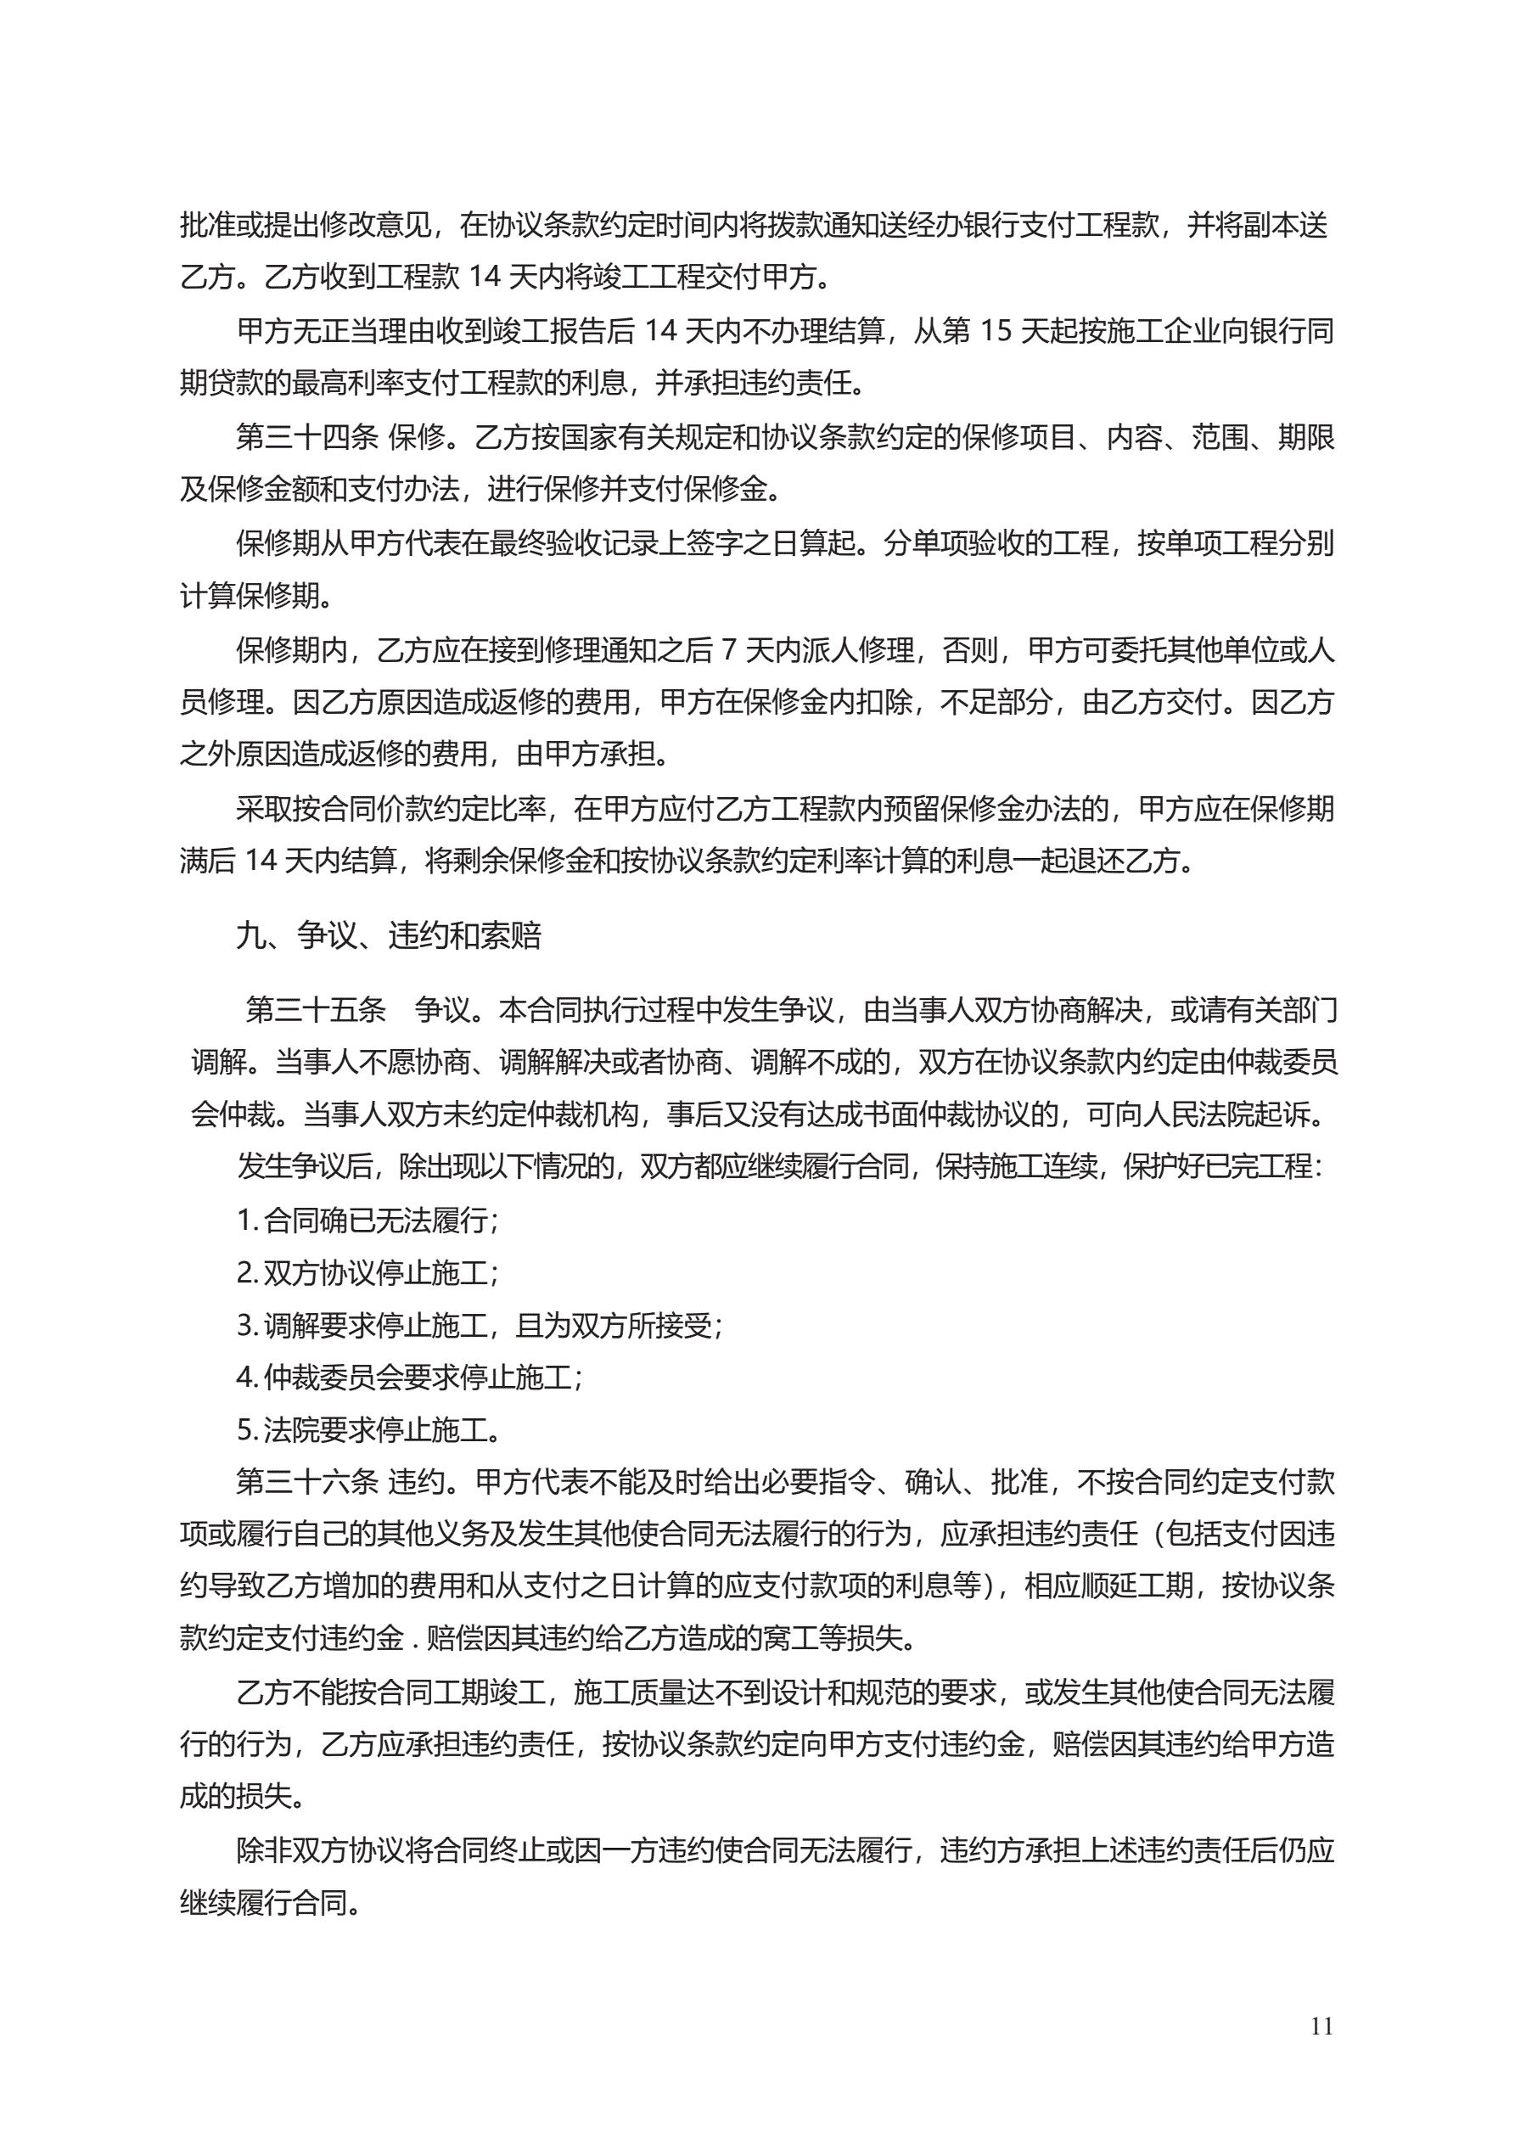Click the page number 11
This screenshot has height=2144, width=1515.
(x=1321, y=2025)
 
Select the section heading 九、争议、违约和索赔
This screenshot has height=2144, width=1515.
(x=389, y=934)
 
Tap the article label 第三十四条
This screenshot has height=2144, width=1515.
(x=307, y=436)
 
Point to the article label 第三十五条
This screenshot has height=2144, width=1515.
(x=316, y=1009)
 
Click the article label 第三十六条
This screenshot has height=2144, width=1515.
(x=307, y=1481)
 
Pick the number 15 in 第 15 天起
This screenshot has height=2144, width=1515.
(x=995, y=330)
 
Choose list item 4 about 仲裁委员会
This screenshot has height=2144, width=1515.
(x=410, y=1377)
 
